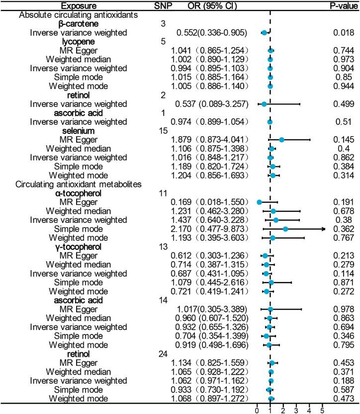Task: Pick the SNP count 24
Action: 162,354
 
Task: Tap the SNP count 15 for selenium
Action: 162,131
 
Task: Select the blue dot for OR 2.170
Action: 285,229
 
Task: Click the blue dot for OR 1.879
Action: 281,140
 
